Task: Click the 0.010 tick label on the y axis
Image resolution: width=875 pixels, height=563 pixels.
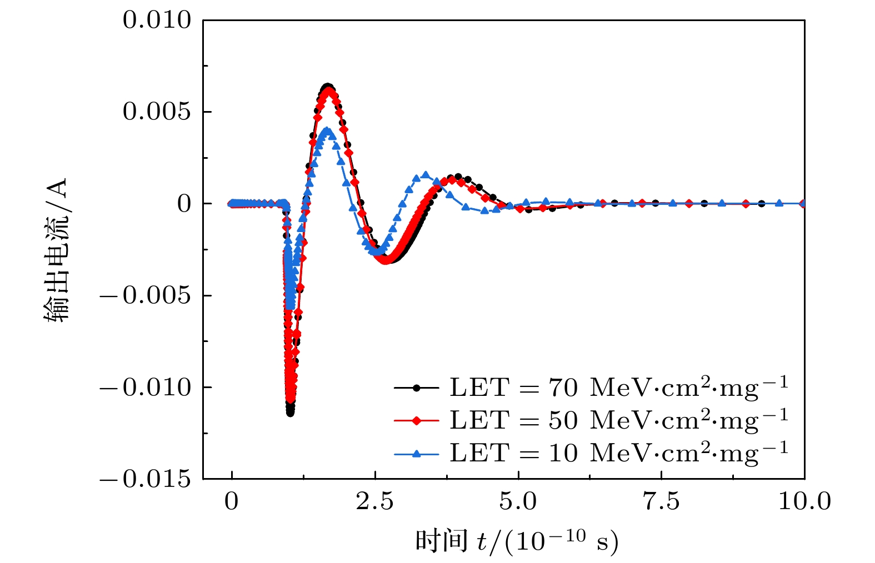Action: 157,21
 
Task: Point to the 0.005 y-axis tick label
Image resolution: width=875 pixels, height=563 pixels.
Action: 157,112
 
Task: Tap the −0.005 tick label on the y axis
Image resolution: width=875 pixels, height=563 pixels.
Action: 146,295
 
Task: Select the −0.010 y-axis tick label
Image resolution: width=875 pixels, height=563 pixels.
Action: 146,387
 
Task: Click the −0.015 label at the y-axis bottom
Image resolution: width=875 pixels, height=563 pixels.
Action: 146,479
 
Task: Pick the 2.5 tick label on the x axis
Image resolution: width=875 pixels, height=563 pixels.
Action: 374,501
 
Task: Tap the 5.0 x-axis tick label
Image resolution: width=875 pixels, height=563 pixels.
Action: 518,501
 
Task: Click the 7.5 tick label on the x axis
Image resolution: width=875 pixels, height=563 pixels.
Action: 661,501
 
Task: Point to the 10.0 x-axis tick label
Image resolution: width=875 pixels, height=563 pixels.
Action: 804,501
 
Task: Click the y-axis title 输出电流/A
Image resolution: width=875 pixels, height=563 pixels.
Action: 57,250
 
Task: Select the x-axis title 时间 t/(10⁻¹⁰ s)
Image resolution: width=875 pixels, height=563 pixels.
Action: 517,540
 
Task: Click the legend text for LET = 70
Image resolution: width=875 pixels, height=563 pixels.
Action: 618,387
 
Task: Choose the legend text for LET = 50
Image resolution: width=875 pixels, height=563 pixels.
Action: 618,420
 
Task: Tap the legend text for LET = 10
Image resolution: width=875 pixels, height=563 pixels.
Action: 618,453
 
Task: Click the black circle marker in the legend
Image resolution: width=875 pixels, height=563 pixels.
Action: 417,388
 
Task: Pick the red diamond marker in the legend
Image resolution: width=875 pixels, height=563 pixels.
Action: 417,420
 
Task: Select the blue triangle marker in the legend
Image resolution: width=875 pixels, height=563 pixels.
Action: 417,454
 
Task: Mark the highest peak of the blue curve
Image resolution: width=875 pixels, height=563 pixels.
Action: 328,131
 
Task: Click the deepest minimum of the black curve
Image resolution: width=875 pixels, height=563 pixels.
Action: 290,413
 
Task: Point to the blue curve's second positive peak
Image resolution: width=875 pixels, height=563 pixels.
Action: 426,175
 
